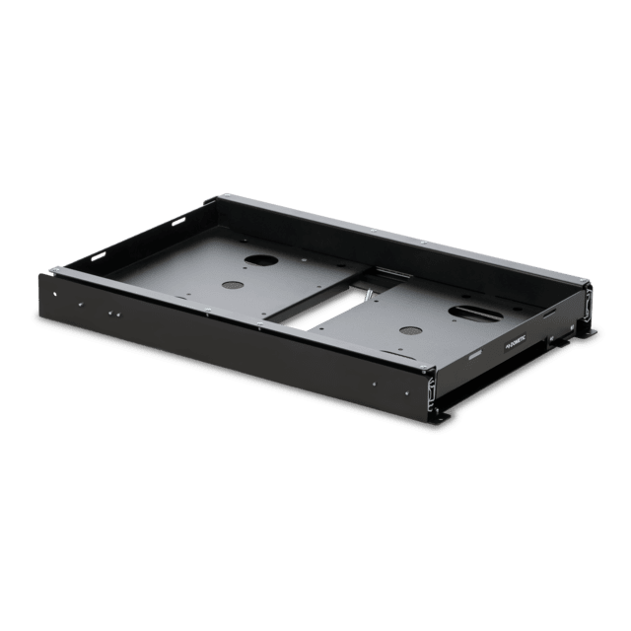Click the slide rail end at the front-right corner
(430, 394)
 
